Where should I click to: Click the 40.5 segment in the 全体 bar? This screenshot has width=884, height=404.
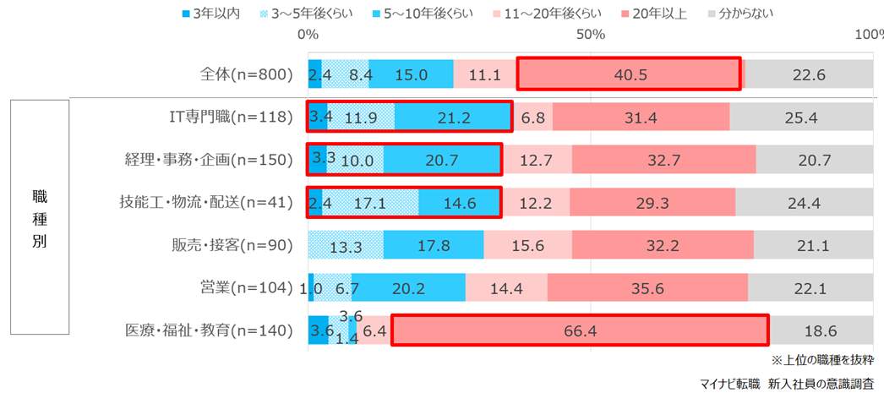pyautogui.click(x=629, y=74)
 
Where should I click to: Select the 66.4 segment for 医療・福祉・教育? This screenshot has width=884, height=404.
pyautogui.click(x=580, y=330)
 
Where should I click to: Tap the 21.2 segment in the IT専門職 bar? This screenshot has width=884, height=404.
pyautogui.click(x=453, y=117)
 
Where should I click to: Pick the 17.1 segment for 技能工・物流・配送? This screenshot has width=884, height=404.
pyautogui.click(x=370, y=203)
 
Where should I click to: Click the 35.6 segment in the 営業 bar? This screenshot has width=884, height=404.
pyautogui.click(x=647, y=288)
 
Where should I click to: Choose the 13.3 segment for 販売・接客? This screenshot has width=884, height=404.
pyautogui.click(x=346, y=245)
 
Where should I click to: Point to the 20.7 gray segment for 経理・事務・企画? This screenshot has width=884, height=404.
pyautogui.click(x=815, y=160)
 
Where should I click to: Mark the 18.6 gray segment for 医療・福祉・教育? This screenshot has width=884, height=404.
pyautogui.click(x=821, y=330)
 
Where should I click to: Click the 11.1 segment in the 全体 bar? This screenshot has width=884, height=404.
pyautogui.click(x=484, y=74)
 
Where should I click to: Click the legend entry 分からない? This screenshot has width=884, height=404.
pyautogui.click(x=740, y=13)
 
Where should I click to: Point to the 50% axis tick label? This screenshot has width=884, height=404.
pyautogui.click(x=591, y=35)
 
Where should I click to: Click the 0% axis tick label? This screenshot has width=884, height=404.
pyautogui.click(x=308, y=35)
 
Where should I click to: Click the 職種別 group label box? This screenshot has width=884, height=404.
pyautogui.click(x=40, y=218)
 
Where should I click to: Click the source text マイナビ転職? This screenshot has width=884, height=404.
pyautogui.click(x=729, y=384)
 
